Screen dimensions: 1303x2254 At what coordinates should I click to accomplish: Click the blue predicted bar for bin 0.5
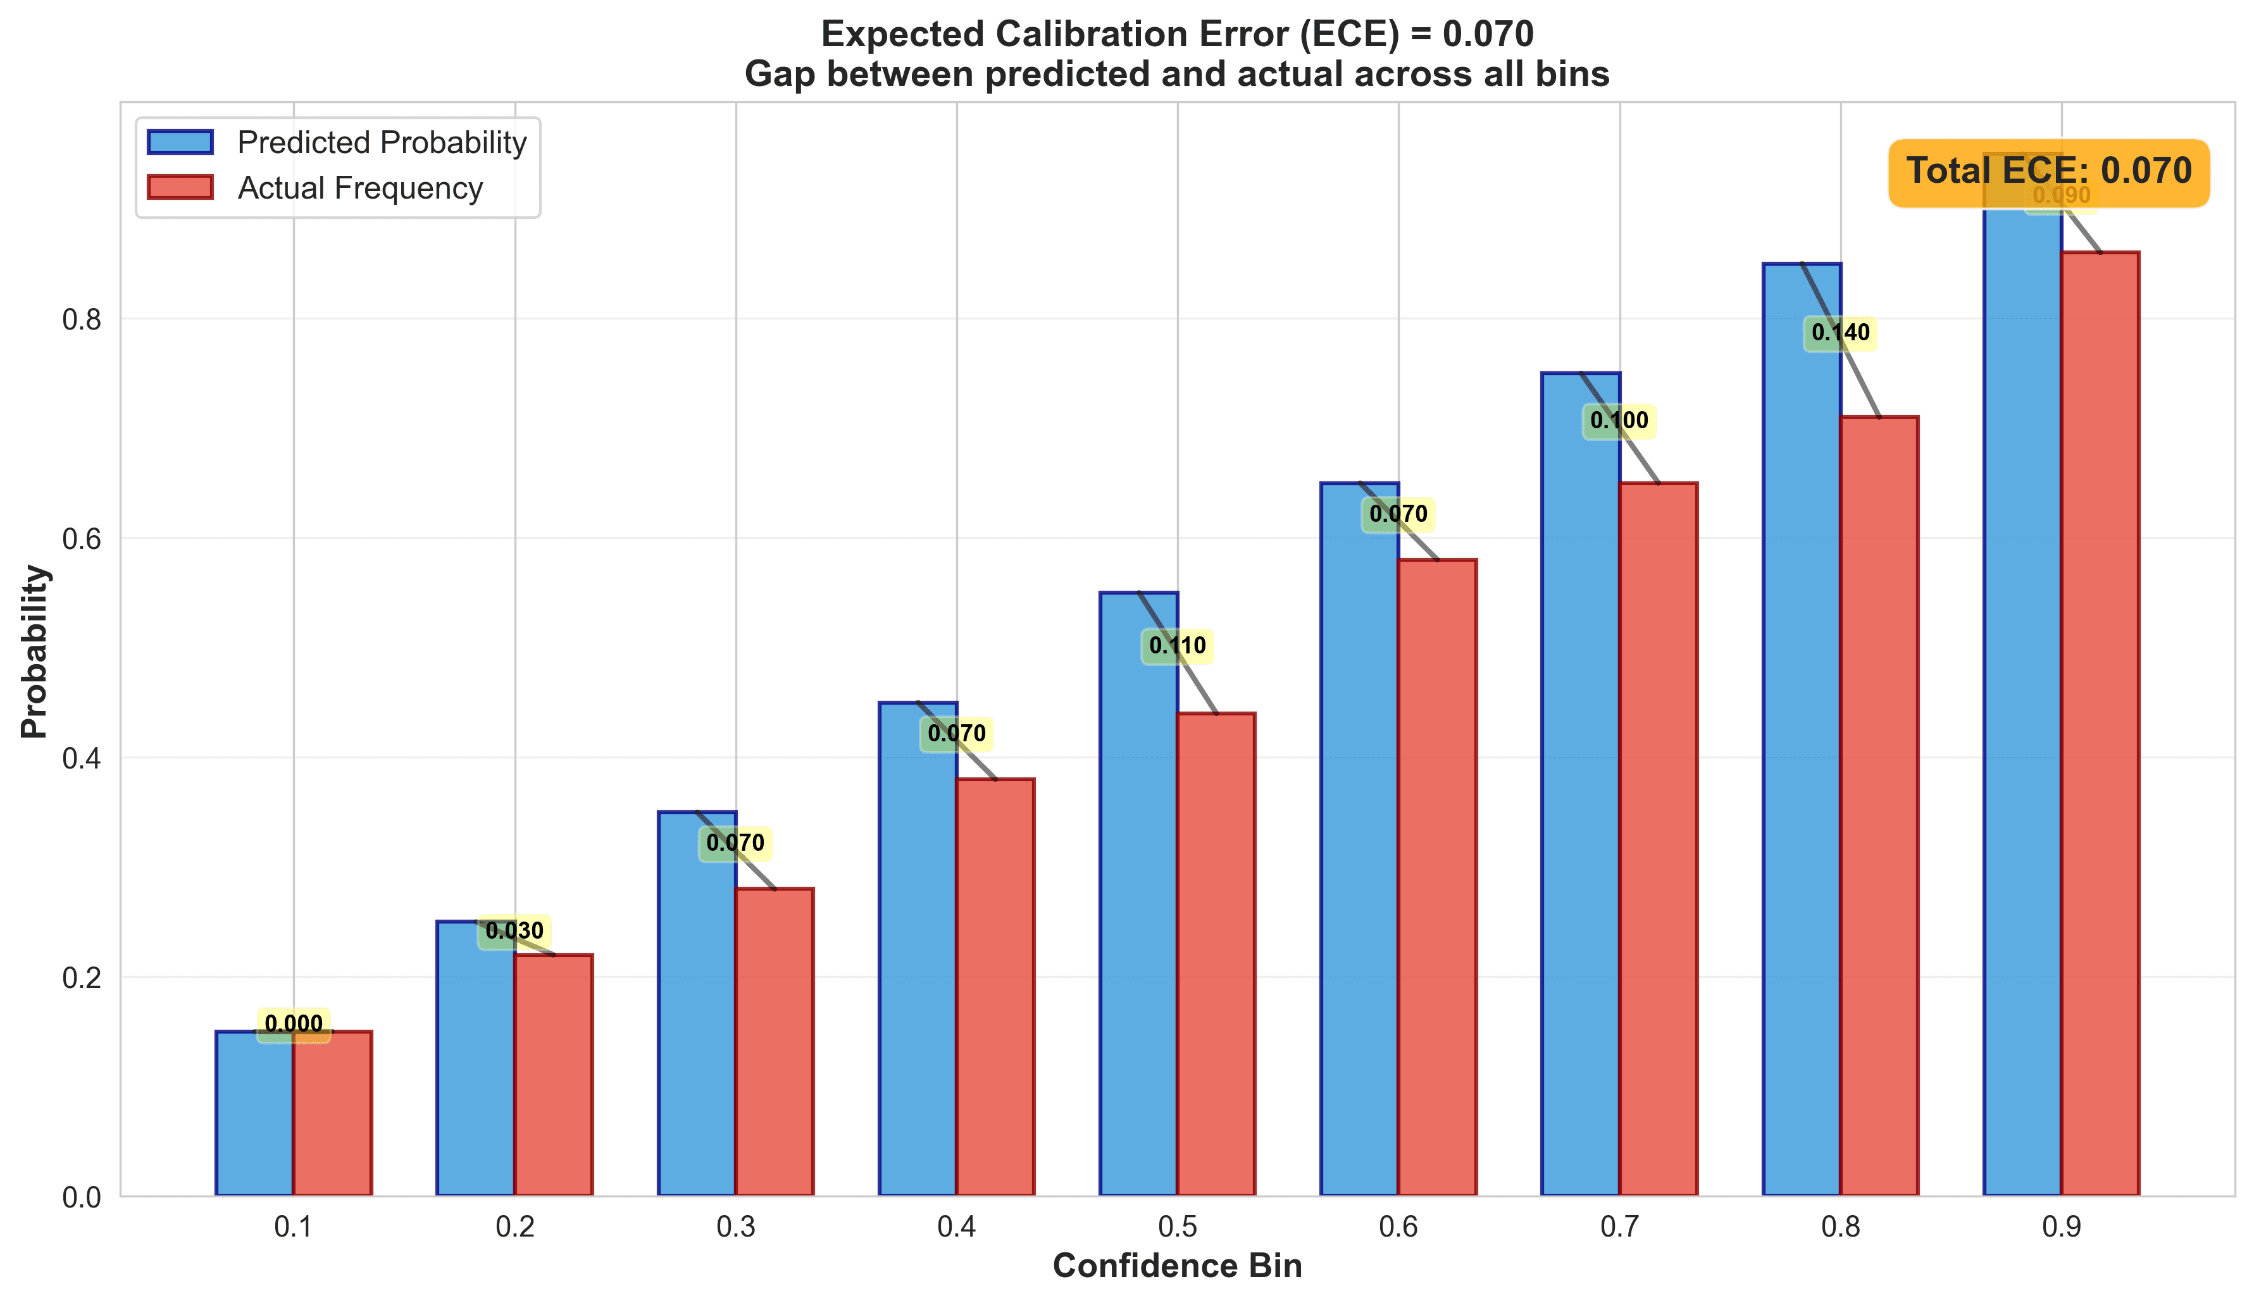point(1138,894)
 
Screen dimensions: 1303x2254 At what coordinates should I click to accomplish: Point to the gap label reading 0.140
point(1840,333)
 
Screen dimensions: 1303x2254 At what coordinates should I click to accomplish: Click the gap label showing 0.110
point(1177,646)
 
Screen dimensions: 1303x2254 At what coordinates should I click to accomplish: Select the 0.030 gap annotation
point(514,932)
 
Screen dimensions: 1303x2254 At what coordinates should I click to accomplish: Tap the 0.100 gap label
point(1619,421)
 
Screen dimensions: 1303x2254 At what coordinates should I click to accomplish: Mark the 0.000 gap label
point(294,1025)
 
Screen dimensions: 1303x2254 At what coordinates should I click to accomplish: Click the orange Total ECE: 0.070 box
point(2048,171)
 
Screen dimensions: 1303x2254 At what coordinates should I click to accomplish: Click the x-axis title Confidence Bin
point(1177,1266)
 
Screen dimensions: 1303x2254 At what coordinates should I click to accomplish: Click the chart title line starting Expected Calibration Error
point(1177,34)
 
